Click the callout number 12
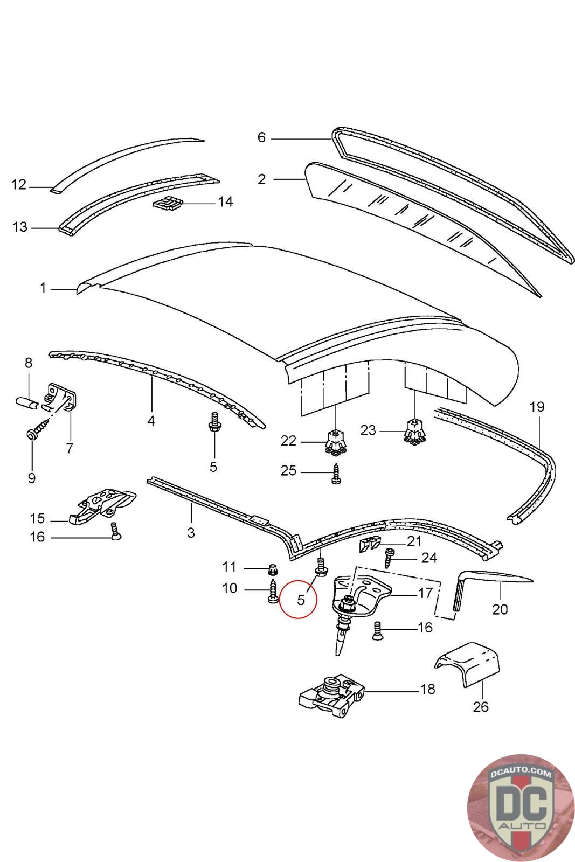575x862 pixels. pyautogui.click(x=19, y=185)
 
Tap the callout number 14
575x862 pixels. pyautogui.click(x=226, y=201)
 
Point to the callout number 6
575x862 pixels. pyautogui.click(x=262, y=137)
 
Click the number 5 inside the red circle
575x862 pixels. pyautogui.click(x=301, y=600)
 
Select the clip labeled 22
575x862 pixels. pyautogui.click(x=336, y=442)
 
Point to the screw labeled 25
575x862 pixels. pyautogui.click(x=336, y=474)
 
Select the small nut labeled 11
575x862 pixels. pyautogui.click(x=273, y=568)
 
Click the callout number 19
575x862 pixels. pyautogui.click(x=537, y=407)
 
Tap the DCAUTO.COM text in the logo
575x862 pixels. pyautogui.click(x=521, y=773)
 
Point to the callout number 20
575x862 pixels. pyautogui.click(x=500, y=609)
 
